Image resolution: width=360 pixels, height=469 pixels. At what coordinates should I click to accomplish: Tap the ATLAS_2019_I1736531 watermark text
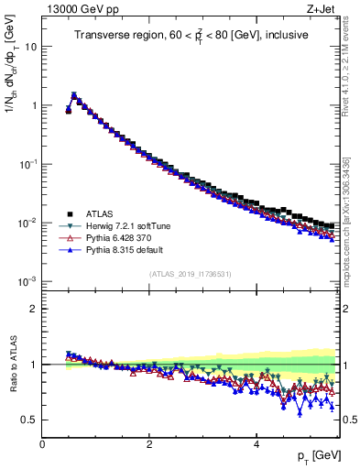click(190, 274)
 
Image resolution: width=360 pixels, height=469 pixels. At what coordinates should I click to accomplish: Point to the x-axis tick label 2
click(149, 444)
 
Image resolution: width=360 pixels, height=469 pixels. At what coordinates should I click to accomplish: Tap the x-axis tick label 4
click(256, 444)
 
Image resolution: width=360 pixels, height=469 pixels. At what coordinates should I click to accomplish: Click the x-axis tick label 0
click(42, 444)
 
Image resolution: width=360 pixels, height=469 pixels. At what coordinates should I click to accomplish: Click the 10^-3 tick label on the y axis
click(27, 281)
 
